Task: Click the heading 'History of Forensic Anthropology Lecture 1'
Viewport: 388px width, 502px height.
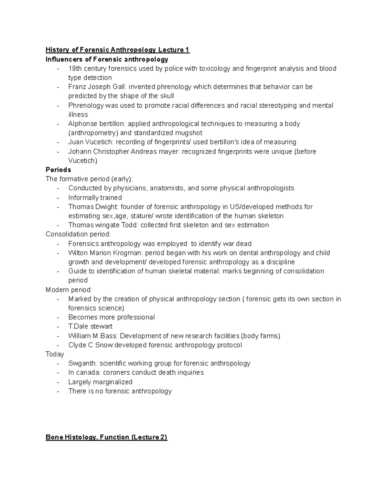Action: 117,50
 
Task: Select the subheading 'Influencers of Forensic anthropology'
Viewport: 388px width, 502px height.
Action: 107,59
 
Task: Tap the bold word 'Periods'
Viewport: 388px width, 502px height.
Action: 58,170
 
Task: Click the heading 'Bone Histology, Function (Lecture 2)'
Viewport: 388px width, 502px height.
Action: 106,437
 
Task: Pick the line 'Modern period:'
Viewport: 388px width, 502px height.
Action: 69,290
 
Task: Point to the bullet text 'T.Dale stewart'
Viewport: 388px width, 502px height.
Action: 90,326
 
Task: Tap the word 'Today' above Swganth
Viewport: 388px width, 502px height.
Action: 55,354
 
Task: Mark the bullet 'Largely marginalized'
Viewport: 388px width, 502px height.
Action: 100,382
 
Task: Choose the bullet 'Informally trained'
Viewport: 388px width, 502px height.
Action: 95,198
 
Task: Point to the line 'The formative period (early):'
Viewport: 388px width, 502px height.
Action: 89,179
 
